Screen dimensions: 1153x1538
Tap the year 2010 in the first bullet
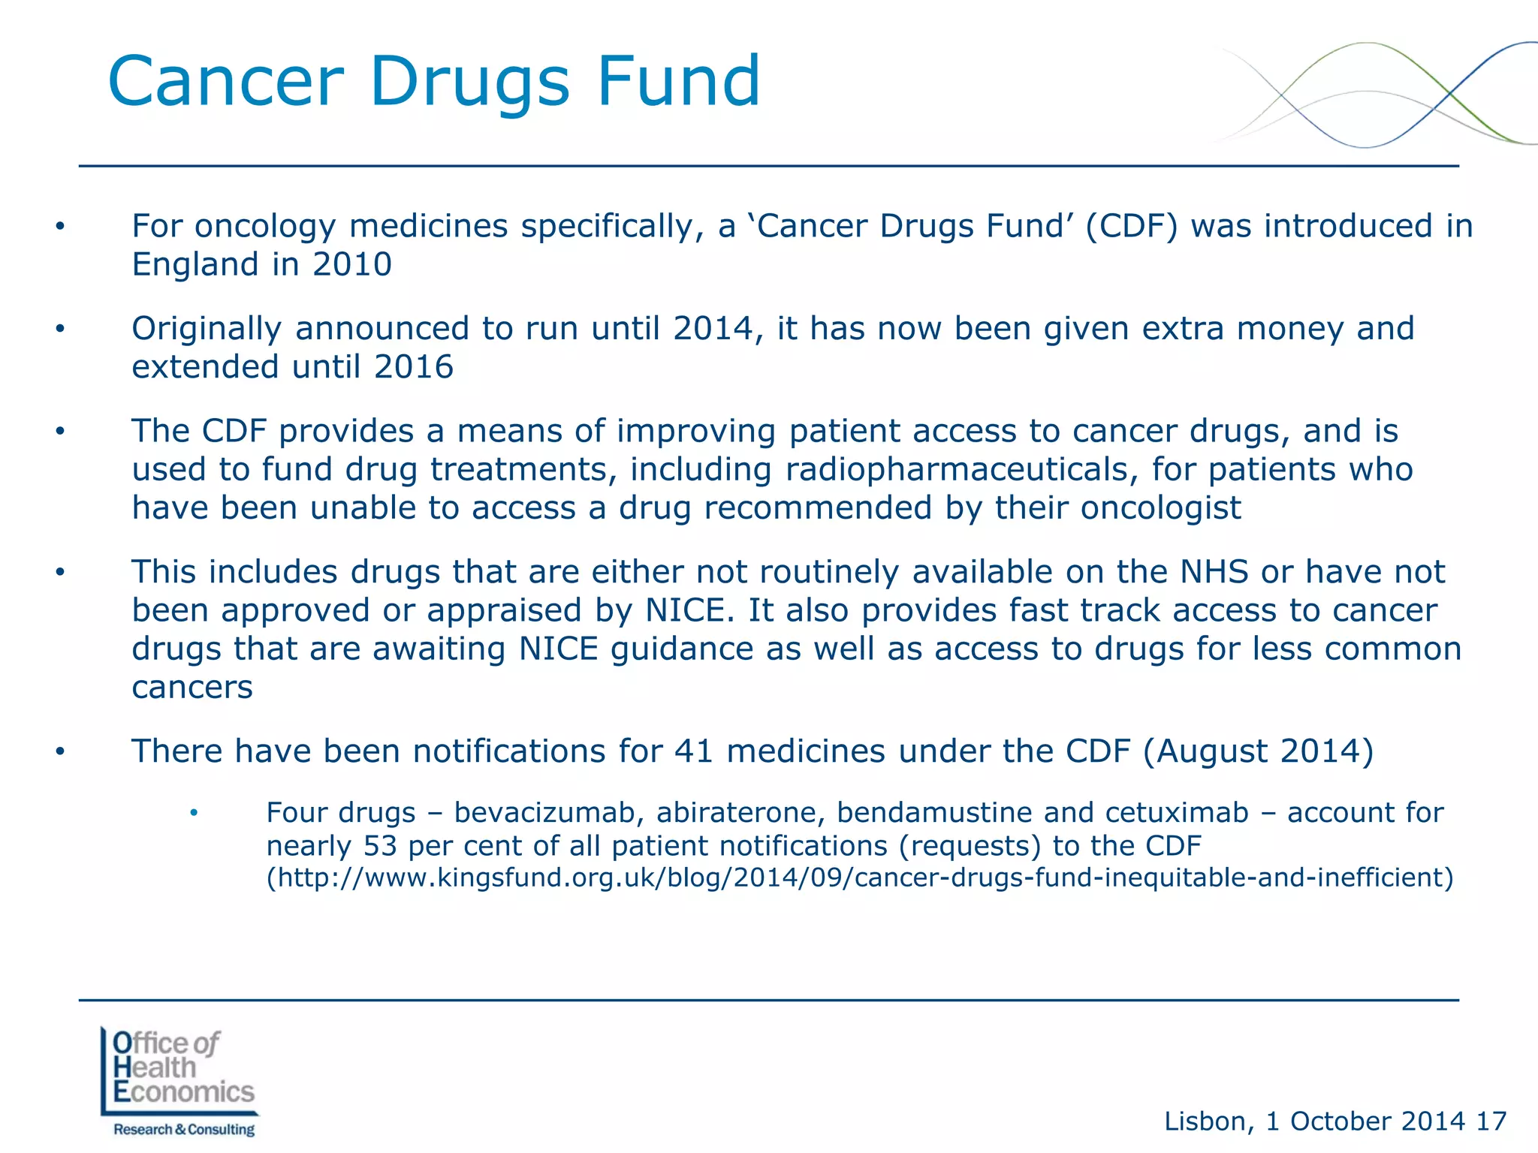click(x=352, y=265)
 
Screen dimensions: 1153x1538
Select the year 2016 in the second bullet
click(x=414, y=367)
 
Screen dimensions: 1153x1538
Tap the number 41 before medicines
click(x=693, y=751)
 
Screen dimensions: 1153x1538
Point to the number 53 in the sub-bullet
click(x=380, y=846)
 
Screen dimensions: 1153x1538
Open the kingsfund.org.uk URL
click(x=860, y=878)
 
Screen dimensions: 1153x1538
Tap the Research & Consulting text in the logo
click(x=184, y=1130)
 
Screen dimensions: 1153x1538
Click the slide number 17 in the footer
click(x=1491, y=1121)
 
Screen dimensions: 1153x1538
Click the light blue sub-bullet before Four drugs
click(x=194, y=813)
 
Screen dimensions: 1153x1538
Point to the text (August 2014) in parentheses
click(x=1259, y=751)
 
